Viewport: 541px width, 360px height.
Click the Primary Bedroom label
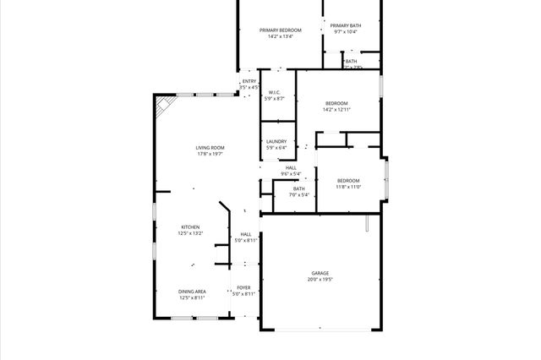(281, 30)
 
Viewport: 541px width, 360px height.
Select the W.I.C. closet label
(275, 92)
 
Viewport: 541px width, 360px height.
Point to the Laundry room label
(276, 141)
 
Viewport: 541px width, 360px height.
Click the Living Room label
(210, 148)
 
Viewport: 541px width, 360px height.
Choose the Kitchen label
(190, 226)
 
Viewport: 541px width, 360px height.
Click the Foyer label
(243, 287)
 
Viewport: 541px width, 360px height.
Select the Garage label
(320, 273)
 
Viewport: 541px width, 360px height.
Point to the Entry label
(249, 81)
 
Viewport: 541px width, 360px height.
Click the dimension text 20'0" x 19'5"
(320, 280)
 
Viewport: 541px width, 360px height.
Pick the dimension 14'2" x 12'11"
(336, 110)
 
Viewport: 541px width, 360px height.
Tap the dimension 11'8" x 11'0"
(348, 187)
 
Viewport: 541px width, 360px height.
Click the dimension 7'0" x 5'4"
(299, 195)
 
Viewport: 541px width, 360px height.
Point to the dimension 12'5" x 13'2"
(190, 233)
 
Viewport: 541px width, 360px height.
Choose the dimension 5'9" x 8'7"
(275, 99)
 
